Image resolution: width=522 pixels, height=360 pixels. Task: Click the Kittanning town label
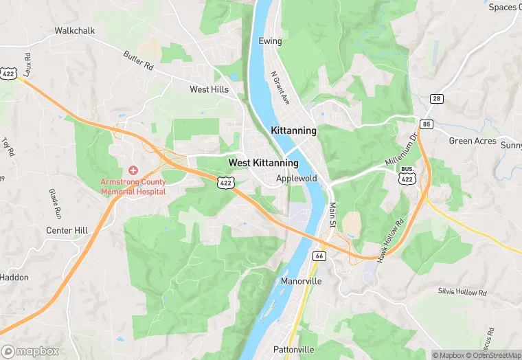293,131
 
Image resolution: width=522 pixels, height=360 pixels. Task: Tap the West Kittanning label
263,163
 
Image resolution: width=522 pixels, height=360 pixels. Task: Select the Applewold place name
296,178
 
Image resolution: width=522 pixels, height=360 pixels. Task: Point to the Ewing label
270,41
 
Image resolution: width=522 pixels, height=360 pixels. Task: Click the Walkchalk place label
75,31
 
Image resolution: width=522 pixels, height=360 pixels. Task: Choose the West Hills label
209,89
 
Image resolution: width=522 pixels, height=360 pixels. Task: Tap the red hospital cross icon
133,170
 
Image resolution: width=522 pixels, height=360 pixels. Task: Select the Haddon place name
14,277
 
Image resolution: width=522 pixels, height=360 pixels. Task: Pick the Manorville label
302,282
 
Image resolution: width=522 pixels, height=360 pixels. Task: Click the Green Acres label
473,141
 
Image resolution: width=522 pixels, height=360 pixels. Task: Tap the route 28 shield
436,99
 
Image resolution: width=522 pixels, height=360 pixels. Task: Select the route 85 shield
427,124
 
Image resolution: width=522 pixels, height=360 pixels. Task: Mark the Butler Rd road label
138,60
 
